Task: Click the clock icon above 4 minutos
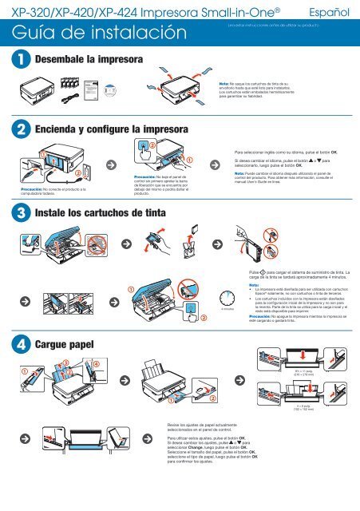(221, 299)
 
